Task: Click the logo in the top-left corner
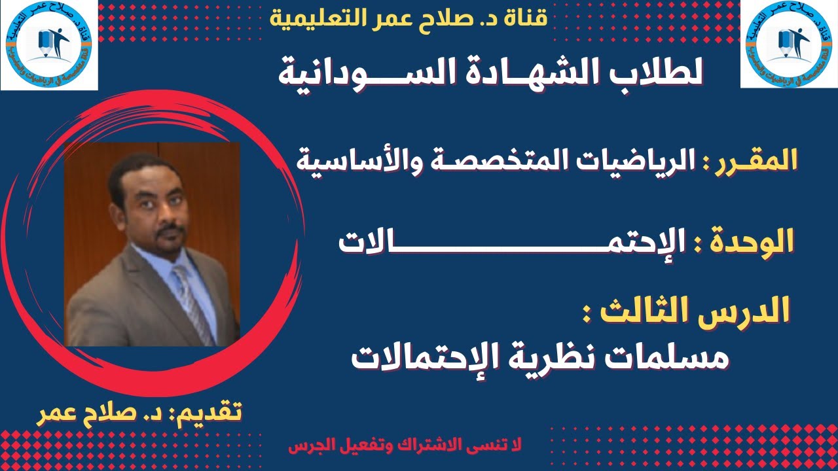point(49,44)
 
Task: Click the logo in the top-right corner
point(788,44)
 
